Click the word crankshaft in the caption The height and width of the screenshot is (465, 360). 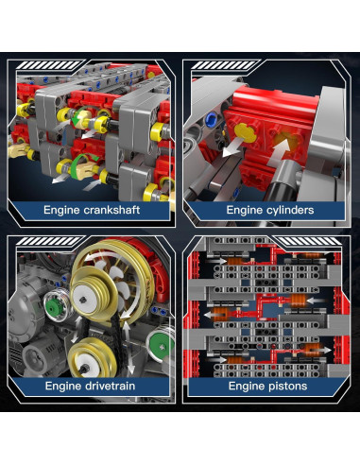(x=111, y=210)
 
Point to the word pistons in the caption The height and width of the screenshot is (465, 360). (x=287, y=387)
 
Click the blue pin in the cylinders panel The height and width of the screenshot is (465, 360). (x=209, y=119)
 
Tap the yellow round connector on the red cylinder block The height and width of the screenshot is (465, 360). (x=246, y=132)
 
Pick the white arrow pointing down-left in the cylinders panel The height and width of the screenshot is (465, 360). (x=233, y=147)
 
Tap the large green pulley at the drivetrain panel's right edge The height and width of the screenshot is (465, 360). (x=162, y=346)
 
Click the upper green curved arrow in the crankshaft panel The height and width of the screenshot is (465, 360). (x=79, y=115)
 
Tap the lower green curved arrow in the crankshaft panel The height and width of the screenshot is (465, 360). (x=82, y=161)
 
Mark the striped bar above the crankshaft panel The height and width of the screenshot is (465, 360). (x=49, y=65)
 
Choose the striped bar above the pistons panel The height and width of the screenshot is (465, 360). (x=307, y=241)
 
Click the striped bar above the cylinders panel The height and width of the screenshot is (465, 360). (x=224, y=65)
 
